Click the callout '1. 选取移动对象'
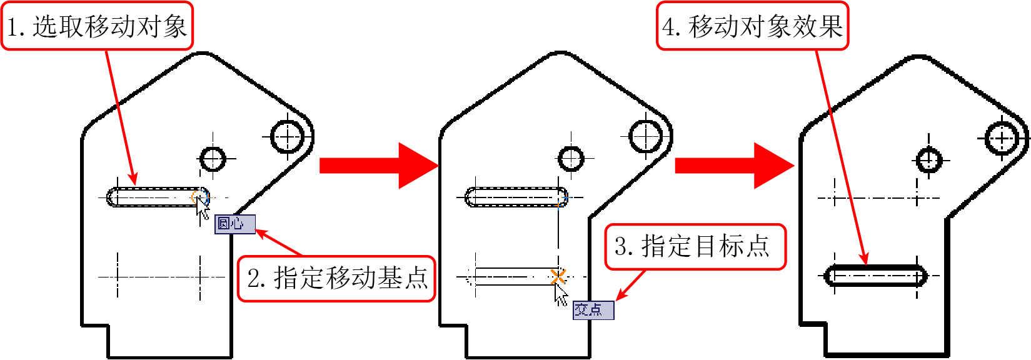(x=97, y=26)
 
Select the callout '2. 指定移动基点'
(x=336, y=279)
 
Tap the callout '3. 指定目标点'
(x=695, y=247)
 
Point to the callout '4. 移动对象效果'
(x=752, y=26)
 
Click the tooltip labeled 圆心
(x=234, y=224)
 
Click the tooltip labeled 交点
(x=593, y=310)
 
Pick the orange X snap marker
(x=558, y=277)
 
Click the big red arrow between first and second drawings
(x=379, y=166)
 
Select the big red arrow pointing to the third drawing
(x=735, y=166)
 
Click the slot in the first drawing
(x=158, y=188)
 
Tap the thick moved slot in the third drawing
(x=875, y=266)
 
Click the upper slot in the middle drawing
(x=516, y=188)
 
